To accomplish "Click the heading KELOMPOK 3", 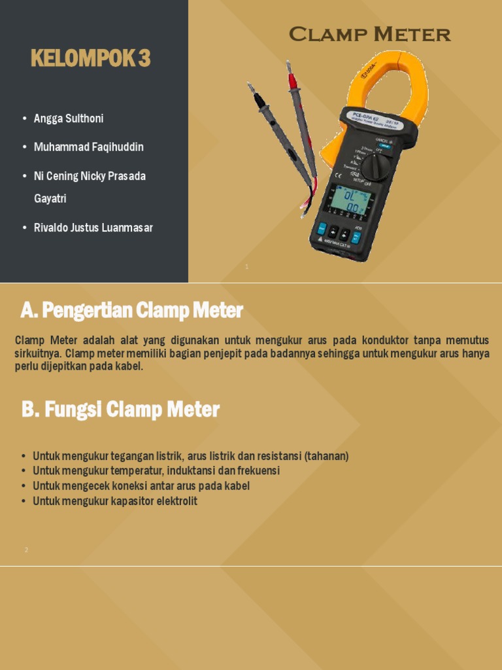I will tap(90, 59).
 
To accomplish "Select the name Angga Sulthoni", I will tap(69, 118).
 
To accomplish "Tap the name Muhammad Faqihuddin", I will tap(88, 147).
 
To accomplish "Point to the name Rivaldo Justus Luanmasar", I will tap(93, 228).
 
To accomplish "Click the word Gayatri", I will tap(50, 198).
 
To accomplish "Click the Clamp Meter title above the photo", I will tap(369, 35).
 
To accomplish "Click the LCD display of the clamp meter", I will tap(350, 200).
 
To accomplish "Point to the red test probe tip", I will tap(292, 81).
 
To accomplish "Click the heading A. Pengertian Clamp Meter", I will tap(131, 310).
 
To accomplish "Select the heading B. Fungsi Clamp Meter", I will tap(120, 410).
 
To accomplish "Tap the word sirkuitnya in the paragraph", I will tap(38, 353).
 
